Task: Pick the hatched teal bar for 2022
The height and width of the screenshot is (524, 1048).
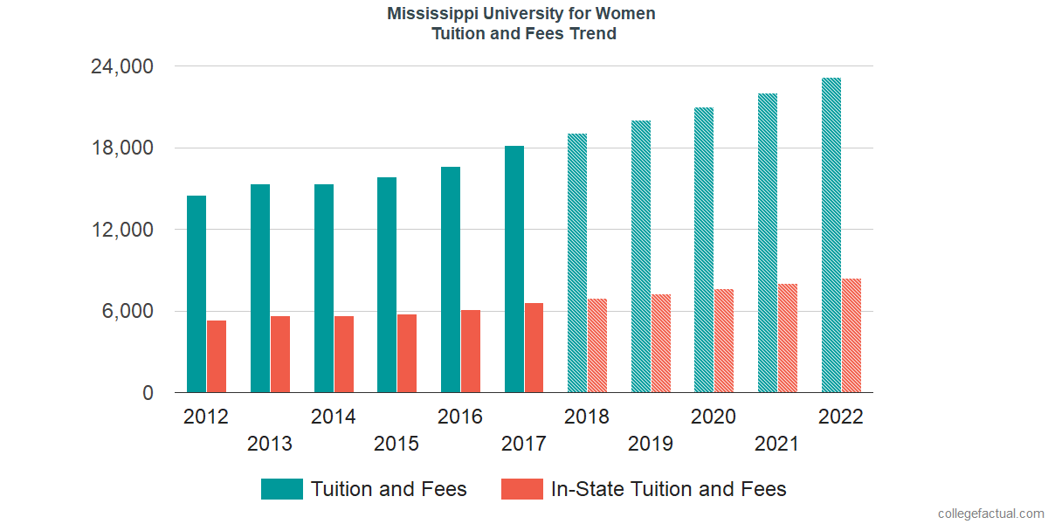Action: [831, 236]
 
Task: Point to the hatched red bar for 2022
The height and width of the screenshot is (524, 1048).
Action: [851, 335]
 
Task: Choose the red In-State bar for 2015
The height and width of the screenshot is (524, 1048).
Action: [407, 354]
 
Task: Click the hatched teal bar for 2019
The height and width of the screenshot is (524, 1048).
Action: [641, 257]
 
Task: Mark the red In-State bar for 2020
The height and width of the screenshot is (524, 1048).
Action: [724, 341]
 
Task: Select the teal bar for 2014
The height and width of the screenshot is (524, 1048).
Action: [324, 288]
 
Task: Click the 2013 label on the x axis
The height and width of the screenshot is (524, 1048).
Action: [270, 444]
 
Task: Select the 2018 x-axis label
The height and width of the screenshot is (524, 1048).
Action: [587, 417]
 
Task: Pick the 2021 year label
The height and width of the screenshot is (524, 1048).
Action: [777, 444]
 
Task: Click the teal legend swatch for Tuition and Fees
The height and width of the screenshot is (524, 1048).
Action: [282, 489]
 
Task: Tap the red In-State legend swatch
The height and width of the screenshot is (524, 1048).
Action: [522, 489]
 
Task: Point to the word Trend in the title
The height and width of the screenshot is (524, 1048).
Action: [593, 34]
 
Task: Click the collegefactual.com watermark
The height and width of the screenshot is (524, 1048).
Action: [990, 514]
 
